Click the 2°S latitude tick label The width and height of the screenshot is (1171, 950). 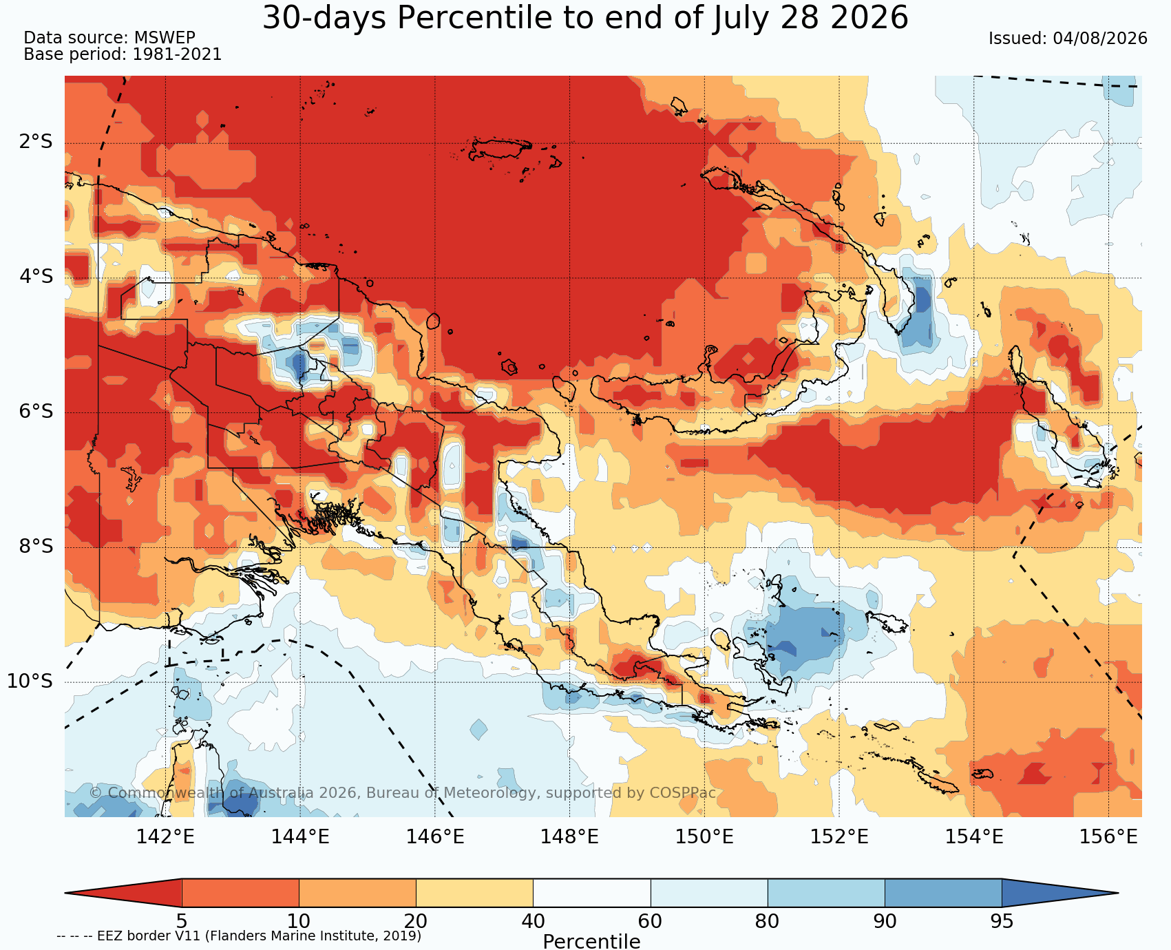pos(36,142)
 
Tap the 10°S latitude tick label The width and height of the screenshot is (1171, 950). pos(30,682)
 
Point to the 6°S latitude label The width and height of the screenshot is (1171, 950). pos(36,412)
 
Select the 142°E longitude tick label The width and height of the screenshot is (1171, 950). pos(165,837)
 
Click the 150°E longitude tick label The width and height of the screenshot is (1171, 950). pos(704,837)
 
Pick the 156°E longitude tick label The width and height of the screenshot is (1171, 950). pos(1108,837)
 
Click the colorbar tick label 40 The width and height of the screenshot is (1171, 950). pos(533,921)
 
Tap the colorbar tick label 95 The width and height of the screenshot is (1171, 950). pos(1002,921)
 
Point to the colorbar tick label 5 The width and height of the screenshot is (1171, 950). pos(182,921)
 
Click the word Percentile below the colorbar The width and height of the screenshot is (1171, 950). pos(591,941)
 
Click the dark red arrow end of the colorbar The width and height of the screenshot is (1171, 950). pos(123,893)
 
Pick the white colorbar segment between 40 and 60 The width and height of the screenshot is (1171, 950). pos(591,893)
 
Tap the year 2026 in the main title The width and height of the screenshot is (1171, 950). pos(869,18)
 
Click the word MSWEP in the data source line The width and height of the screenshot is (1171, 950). pos(165,38)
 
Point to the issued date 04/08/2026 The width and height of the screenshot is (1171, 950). pos(1100,39)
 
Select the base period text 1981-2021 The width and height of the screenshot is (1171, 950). pos(177,54)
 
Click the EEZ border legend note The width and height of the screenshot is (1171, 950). pos(239,936)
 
